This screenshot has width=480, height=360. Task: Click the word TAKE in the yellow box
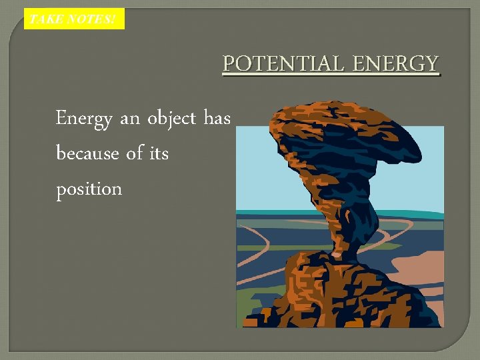(x=46, y=19)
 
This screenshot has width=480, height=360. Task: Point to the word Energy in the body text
(x=84, y=119)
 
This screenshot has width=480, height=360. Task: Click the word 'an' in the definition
(x=130, y=119)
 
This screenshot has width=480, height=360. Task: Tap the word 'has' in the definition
(x=217, y=119)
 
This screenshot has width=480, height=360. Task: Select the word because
(x=88, y=154)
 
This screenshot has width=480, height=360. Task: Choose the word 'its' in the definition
(x=159, y=154)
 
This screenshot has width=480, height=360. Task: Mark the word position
(x=89, y=189)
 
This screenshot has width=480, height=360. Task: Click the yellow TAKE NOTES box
(x=74, y=19)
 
